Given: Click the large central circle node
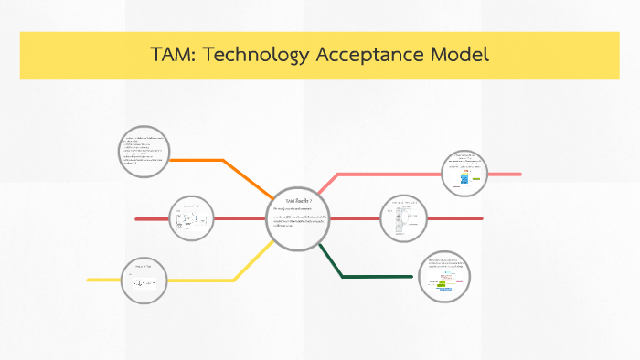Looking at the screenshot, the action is pos(297,219).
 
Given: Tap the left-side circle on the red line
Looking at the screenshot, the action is pos(192,218).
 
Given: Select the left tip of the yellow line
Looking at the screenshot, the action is pos(90,279).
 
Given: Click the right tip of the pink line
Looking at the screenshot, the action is pos(519,174).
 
